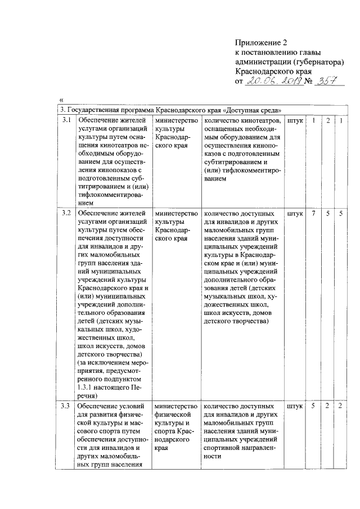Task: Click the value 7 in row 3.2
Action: click(x=313, y=214)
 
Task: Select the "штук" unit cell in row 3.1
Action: click(x=295, y=120)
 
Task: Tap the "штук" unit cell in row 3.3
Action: click(x=295, y=406)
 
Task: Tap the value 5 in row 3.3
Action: click(x=313, y=406)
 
